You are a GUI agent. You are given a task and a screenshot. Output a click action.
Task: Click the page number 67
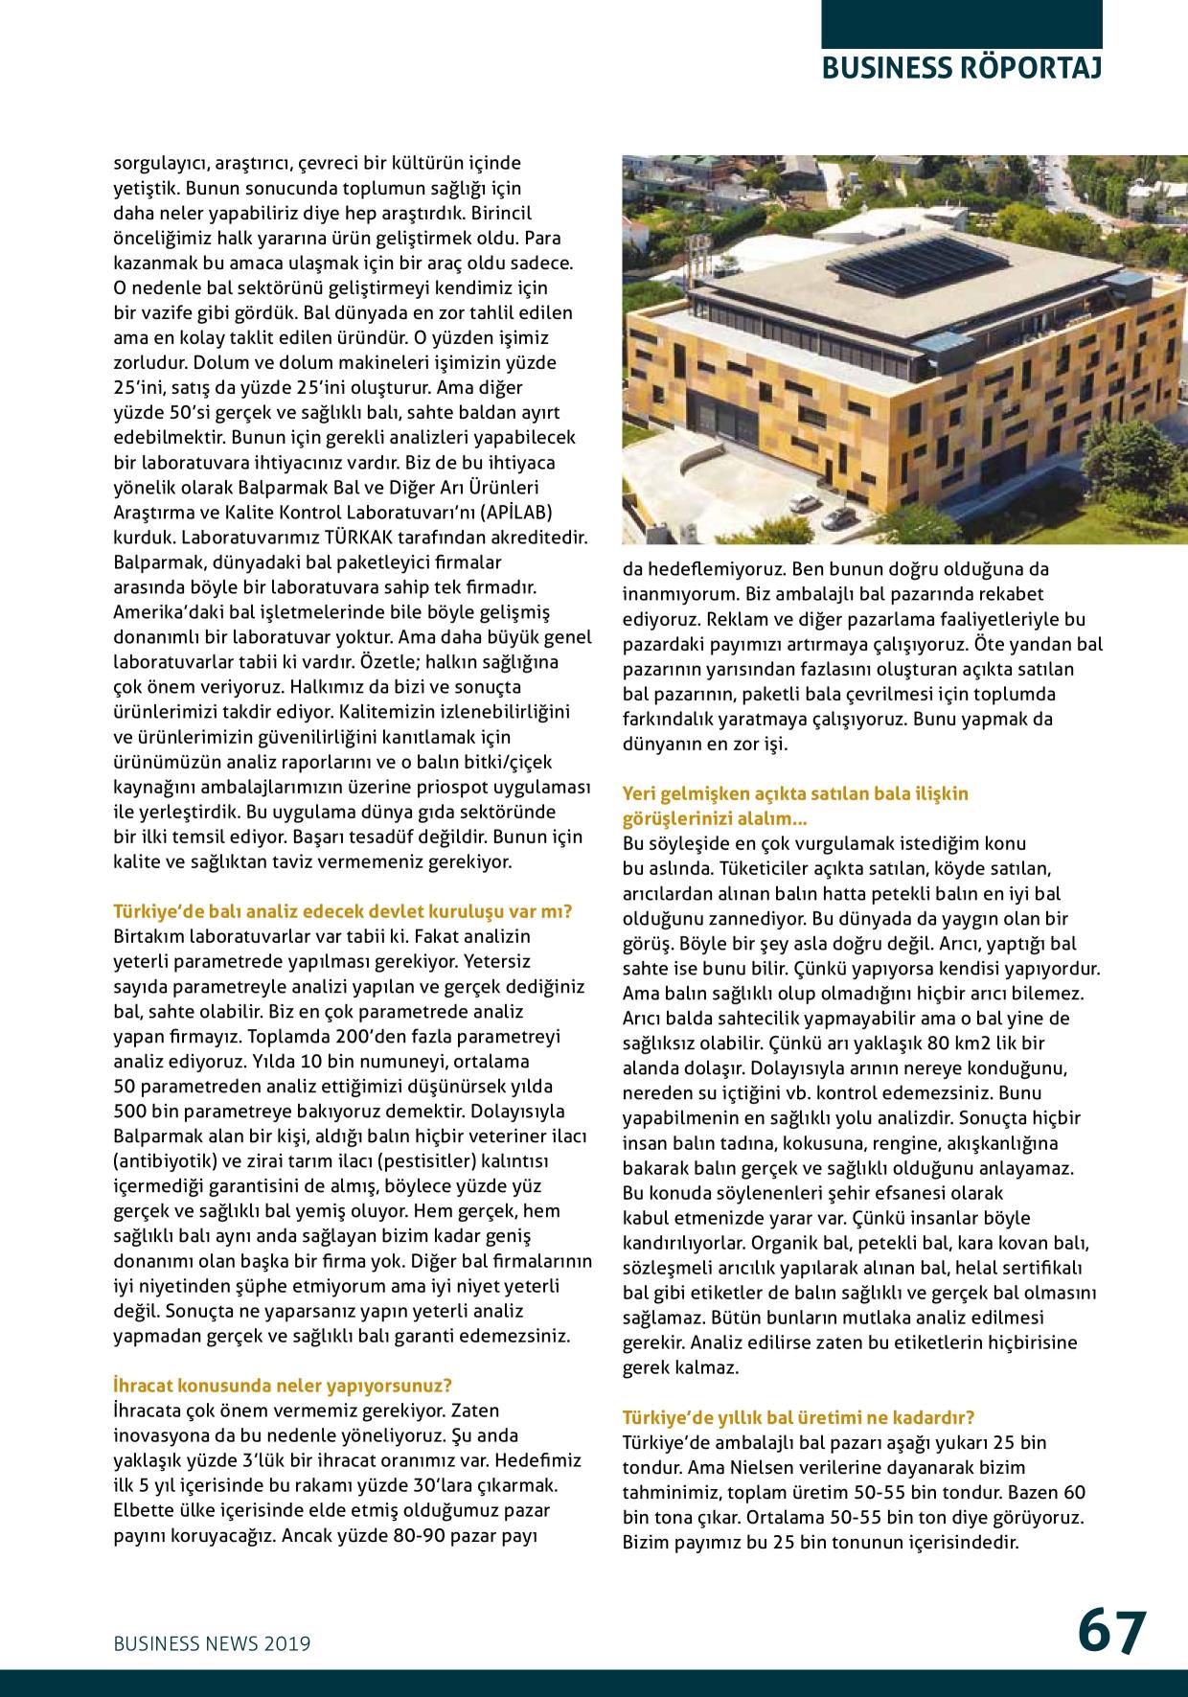coord(1112,1630)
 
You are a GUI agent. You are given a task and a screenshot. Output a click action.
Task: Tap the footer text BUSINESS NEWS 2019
coord(212,1642)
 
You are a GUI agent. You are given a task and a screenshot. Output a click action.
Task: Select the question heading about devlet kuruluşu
coord(343,910)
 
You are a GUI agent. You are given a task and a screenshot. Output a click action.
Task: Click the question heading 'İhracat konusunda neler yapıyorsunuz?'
coord(283,1385)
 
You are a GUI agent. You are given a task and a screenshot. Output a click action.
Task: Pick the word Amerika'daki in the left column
coord(160,611)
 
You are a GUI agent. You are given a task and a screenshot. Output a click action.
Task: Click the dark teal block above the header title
coord(961,24)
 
